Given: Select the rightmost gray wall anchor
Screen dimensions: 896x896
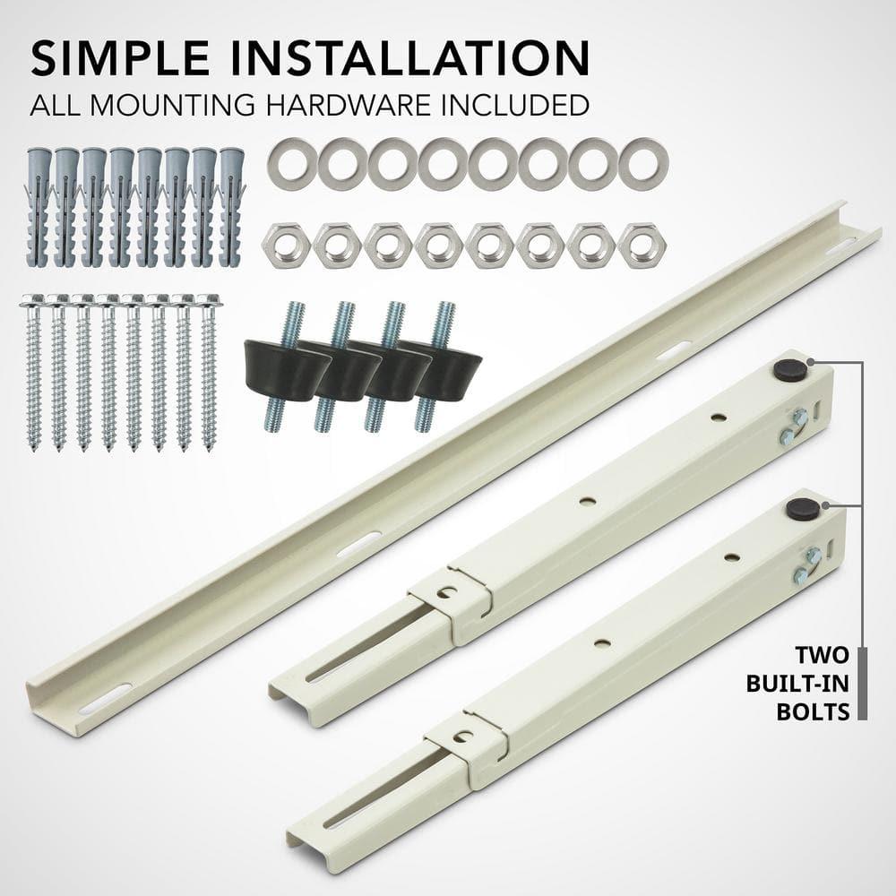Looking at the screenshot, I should (229, 206).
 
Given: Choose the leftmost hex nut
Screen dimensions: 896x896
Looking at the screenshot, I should (286, 244).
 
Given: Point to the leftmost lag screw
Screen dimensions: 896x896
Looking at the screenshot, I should (35, 372).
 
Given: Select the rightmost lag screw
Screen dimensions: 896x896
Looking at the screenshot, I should (208, 372).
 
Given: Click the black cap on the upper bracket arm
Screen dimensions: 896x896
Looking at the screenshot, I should (789, 367).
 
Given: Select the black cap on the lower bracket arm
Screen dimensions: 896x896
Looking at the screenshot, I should (797, 509).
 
